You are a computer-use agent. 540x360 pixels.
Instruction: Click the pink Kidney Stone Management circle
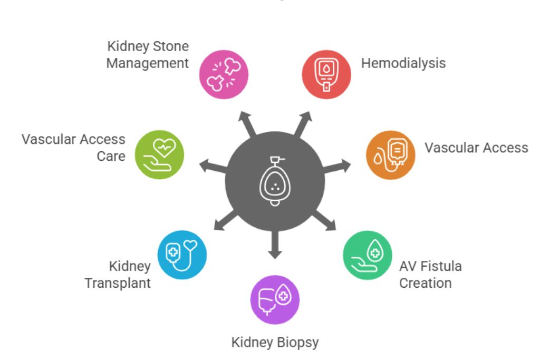point(224,74)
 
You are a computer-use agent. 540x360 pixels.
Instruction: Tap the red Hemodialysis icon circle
point(326,74)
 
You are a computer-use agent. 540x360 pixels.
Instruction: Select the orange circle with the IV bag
point(391,155)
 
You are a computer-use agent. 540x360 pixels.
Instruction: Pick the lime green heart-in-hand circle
point(159,155)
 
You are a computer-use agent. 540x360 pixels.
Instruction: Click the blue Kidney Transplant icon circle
point(182,254)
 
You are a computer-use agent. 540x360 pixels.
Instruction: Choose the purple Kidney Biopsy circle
point(275,299)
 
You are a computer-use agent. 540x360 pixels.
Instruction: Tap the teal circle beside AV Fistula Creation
point(368,255)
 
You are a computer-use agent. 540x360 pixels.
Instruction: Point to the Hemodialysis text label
point(403,63)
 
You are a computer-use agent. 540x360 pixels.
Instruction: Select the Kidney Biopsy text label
point(275,343)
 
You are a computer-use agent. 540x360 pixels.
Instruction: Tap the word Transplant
point(118,283)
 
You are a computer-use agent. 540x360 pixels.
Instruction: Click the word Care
point(111,157)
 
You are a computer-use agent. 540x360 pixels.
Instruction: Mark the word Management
point(147,63)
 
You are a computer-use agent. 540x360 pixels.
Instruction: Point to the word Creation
point(425,283)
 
